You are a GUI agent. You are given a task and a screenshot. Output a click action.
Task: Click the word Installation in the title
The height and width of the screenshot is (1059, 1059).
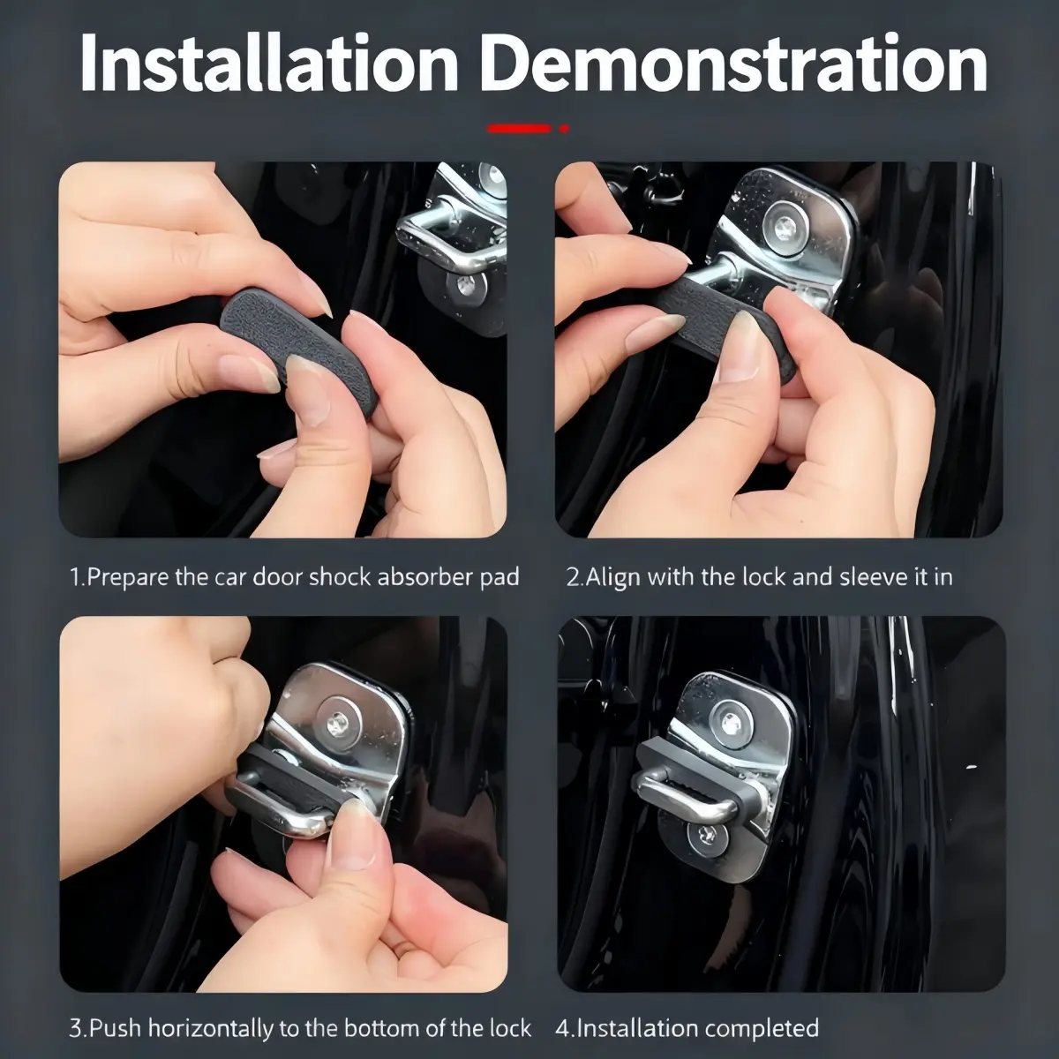(269, 64)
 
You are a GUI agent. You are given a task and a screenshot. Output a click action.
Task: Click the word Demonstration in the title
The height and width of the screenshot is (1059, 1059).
(737, 64)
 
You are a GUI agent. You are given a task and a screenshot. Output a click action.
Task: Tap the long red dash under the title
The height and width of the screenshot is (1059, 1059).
(519, 129)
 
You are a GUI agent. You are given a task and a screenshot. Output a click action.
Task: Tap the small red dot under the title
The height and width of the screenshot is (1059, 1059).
(564, 129)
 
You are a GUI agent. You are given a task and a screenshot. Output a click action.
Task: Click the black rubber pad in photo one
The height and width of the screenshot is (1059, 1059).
(294, 344)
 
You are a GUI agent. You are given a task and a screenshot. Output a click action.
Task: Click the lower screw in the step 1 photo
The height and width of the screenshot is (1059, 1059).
(465, 288)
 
